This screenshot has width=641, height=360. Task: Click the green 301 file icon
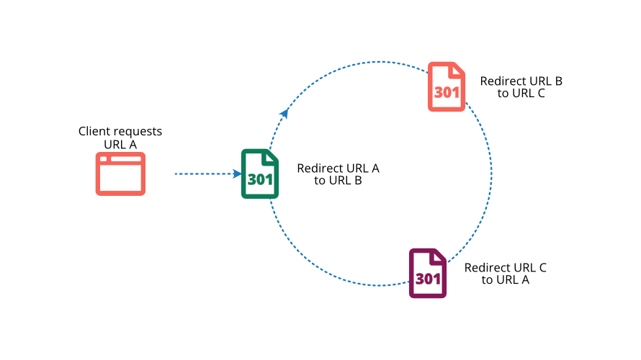(259, 174)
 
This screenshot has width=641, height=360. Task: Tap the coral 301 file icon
(447, 86)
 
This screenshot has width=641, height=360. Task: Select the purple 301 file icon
(428, 273)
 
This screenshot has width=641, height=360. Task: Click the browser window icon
(120, 174)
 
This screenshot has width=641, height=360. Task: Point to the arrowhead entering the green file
(237, 174)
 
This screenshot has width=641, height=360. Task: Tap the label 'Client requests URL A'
(120, 138)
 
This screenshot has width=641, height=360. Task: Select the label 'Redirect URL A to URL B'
(338, 174)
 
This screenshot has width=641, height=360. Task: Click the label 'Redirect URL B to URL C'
(521, 87)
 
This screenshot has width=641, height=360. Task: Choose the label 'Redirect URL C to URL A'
(505, 274)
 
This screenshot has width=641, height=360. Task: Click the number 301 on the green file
(260, 180)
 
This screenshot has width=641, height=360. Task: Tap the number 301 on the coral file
(447, 94)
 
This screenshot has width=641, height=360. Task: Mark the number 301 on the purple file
(428, 279)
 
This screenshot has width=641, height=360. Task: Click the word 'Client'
(94, 132)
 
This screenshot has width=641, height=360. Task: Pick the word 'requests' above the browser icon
(138, 132)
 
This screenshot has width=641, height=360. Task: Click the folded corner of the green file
(272, 157)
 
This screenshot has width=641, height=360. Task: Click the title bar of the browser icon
(120, 158)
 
